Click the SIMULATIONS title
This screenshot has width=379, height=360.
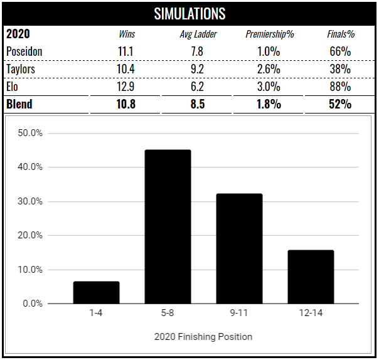pyautogui.click(x=189, y=13)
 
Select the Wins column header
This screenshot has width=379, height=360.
pyautogui.click(x=127, y=34)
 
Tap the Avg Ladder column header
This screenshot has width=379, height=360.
pyautogui.click(x=198, y=34)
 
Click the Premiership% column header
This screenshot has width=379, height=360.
pyautogui.click(x=270, y=34)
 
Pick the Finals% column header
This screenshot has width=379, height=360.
pyautogui.click(x=339, y=34)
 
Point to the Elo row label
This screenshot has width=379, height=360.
pyautogui.click(x=13, y=87)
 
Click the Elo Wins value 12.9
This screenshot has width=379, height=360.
pyautogui.click(x=127, y=87)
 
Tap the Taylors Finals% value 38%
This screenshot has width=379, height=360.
pyautogui.click(x=339, y=69)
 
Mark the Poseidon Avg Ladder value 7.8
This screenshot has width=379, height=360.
pyautogui.click(x=198, y=51)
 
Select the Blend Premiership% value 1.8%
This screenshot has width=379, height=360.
pyautogui.click(x=270, y=104)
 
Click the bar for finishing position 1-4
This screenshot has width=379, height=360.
pyautogui.click(x=96, y=293)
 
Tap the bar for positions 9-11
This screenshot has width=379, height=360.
pyautogui.click(x=239, y=249)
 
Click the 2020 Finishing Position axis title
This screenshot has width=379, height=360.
pyautogui.click(x=203, y=337)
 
